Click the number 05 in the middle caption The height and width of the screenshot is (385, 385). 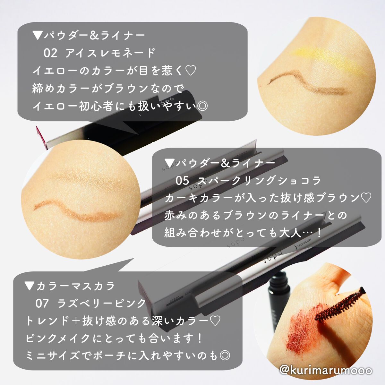coord(182,181)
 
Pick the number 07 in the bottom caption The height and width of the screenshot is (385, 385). coord(42,303)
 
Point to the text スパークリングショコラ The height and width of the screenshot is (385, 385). coord(259,181)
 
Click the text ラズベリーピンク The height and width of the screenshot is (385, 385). coord(102,303)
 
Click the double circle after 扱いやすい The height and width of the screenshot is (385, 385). coord(202,106)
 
